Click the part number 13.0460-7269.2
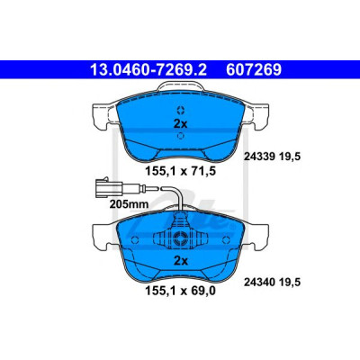pyautogui.click(x=148, y=70)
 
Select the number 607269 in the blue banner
pyautogui.click(x=254, y=70)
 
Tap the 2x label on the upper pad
pyautogui.click(x=180, y=123)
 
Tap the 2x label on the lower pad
pyautogui.click(x=180, y=261)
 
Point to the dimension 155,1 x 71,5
pyautogui.click(x=181, y=171)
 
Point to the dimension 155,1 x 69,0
pyautogui.click(x=181, y=291)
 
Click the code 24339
pyautogui.click(x=259, y=157)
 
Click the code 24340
pyautogui.click(x=259, y=283)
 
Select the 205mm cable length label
pyautogui.click(x=129, y=204)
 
